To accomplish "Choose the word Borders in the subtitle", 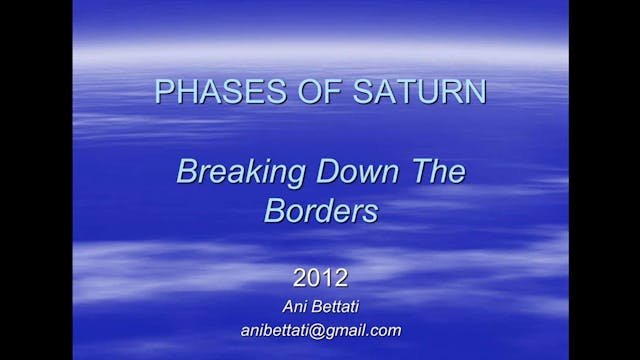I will pyautogui.click(x=320, y=213).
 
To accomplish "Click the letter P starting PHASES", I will pyautogui.click(x=163, y=92).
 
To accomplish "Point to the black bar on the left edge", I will pyautogui.click(x=35, y=180).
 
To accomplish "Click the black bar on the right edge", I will pyautogui.click(x=604, y=180).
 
